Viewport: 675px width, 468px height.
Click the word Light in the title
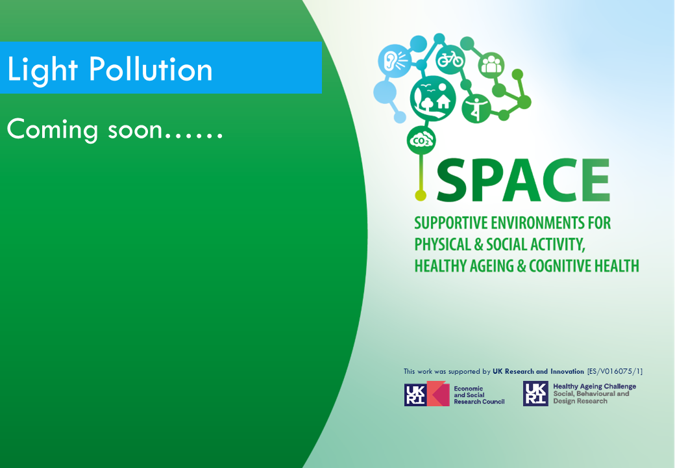[x=42, y=70]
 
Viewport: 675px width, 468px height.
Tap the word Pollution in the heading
[x=151, y=69]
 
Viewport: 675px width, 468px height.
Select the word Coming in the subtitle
[x=53, y=130]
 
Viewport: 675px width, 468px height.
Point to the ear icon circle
[x=395, y=60]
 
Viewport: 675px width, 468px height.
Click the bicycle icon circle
[x=450, y=59]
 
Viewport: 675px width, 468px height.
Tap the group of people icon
[x=491, y=65]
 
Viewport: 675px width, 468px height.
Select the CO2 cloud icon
[x=421, y=140]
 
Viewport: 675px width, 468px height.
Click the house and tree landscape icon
[x=433, y=98]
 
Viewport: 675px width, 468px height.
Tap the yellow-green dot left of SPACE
[x=421, y=195]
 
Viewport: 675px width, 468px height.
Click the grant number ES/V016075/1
[x=615, y=371]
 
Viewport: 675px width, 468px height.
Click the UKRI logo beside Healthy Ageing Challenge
[x=535, y=393]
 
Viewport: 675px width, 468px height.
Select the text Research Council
[x=479, y=402]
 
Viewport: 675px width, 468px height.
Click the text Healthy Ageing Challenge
[x=595, y=387]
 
